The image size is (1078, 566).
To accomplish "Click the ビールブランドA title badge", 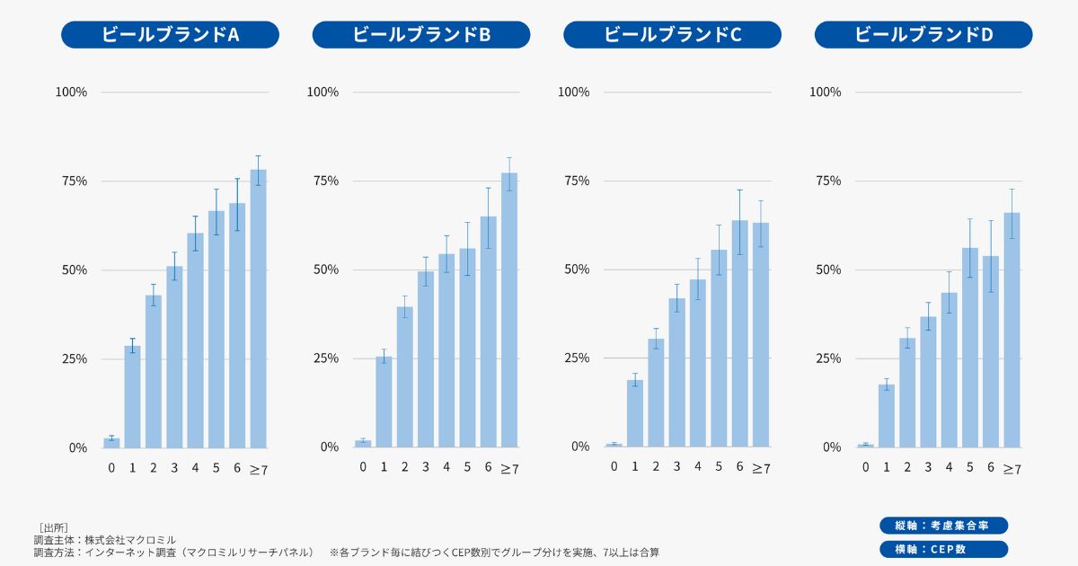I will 170,35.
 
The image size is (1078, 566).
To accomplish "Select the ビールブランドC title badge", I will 672,35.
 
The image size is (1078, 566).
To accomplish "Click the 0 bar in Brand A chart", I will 111,442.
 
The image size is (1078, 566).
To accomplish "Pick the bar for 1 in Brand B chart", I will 384,402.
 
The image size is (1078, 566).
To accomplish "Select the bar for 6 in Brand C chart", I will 739,333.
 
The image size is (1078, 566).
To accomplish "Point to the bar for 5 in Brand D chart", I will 969,347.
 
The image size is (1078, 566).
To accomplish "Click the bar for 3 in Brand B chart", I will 425,358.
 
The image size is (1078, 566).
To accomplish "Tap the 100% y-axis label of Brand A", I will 71,92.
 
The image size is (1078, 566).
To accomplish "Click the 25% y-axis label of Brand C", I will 575,358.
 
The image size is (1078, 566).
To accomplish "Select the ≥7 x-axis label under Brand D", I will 1012,468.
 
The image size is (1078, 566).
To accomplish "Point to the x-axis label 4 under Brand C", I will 698,467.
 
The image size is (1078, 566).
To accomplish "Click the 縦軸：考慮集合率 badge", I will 943,526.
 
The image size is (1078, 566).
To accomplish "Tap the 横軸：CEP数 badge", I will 943,549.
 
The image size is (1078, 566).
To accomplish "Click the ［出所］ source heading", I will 54,526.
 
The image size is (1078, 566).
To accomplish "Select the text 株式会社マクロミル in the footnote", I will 131,539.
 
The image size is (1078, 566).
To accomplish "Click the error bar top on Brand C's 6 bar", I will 739,190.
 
